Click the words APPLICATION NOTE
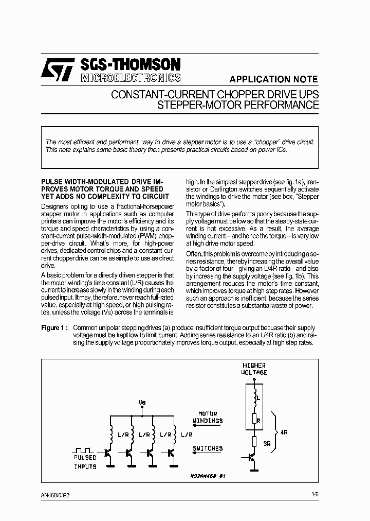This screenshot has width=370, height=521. click(x=273, y=79)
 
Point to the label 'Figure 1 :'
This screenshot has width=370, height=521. click(x=54, y=328)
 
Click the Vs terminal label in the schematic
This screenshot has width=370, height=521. click(x=142, y=402)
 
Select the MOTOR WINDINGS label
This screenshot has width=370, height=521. click(x=208, y=417)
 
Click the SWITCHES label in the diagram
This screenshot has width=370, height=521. click(x=208, y=449)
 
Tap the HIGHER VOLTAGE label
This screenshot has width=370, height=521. click(x=254, y=369)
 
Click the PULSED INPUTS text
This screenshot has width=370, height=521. click(x=85, y=462)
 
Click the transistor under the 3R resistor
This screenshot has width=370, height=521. click(x=251, y=458)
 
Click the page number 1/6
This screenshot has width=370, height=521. click(x=314, y=495)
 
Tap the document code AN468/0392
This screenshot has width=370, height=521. click(x=55, y=496)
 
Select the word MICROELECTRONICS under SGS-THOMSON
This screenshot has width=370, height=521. click(x=131, y=78)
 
